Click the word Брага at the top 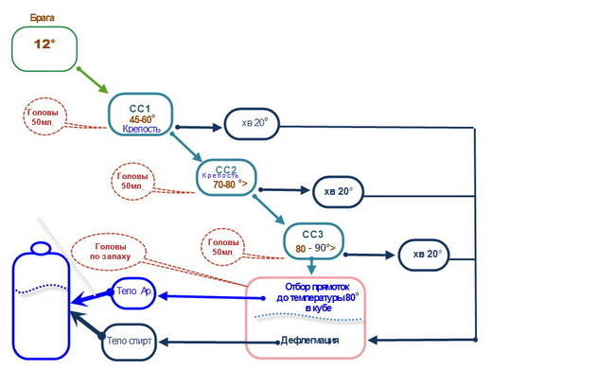click(44, 17)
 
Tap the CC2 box click(227, 175)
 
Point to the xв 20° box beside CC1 click(253, 124)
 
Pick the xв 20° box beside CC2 click(339, 191)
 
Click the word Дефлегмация click(309, 340)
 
